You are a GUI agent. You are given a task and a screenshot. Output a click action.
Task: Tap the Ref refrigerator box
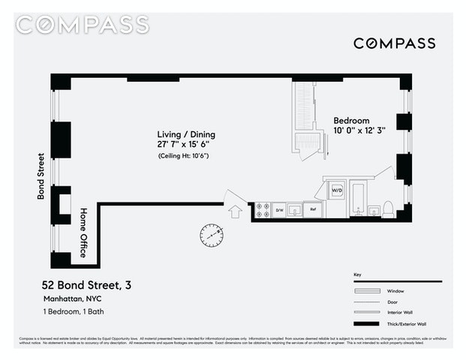click(x=312, y=210)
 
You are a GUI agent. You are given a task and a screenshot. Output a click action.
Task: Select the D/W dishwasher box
click(x=278, y=210)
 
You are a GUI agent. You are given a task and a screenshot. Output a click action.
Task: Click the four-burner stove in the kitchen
click(x=263, y=210)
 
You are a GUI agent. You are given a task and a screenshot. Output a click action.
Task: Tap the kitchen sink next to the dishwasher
click(x=295, y=210)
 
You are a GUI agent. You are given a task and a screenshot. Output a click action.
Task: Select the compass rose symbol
click(x=212, y=235)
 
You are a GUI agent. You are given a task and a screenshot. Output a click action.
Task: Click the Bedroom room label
click(x=351, y=121)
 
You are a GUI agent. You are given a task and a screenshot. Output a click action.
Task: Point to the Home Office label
click(x=83, y=232)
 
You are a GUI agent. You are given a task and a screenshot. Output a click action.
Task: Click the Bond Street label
click(x=42, y=176)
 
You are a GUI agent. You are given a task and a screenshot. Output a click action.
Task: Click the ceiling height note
click(x=182, y=155)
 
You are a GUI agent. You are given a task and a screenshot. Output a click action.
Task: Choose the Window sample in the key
click(x=367, y=291)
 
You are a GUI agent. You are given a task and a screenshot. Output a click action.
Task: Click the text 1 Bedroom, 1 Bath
click(x=74, y=310)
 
